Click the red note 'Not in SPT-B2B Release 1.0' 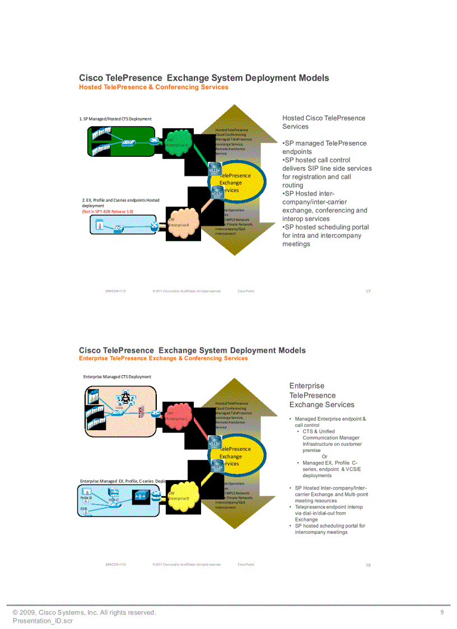point(108,212)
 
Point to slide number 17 point(368,291)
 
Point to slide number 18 point(368,565)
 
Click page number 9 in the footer point(442,613)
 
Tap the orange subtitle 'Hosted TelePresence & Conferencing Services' point(153,87)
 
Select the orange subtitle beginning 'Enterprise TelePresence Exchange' point(163,358)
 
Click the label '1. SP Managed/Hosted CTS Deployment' point(115,119)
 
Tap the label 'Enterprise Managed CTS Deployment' point(117,377)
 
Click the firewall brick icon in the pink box point(142,412)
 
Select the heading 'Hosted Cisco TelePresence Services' point(324,122)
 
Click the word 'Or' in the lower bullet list point(324,456)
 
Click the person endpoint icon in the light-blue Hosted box point(100,226)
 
